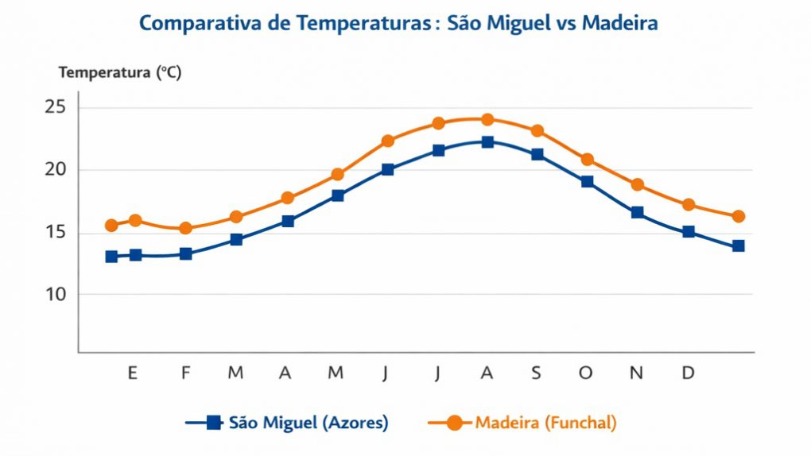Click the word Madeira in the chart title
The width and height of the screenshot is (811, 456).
(x=620, y=24)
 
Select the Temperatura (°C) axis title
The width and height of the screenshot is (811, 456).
(x=120, y=73)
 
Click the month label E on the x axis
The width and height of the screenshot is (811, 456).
(x=132, y=373)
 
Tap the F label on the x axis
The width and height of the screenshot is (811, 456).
(x=185, y=373)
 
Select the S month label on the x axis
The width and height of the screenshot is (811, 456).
(x=537, y=373)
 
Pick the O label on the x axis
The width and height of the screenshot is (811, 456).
(x=586, y=373)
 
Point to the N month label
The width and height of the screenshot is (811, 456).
(x=636, y=373)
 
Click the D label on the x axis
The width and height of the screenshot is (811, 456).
(x=689, y=373)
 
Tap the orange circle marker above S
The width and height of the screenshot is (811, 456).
(x=537, y=131)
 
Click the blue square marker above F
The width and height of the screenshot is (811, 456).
(x=185, y=254)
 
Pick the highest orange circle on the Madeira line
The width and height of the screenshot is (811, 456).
(x=487, y=120)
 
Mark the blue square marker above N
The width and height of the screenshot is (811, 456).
(x=637, y=213)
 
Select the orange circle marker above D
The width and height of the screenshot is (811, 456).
(x=689, y=205)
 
